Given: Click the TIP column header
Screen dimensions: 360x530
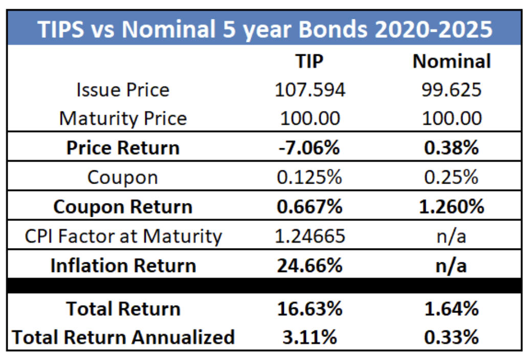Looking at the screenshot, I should pyautogui.click(x=310, y=61).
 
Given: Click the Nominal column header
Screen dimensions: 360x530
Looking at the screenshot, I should pyautogui.click(x=452, y=61).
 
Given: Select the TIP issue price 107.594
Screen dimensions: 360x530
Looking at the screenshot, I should pyautogui.click(x=310, y=90).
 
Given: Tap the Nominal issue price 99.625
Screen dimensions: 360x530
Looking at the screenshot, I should pyautogui.click(x=452, y=90).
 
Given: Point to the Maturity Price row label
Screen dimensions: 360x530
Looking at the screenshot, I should pyautogui.click(x=123, y=119).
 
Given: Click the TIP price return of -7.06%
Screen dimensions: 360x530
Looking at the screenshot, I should pyautogui.click(x=310, y=148).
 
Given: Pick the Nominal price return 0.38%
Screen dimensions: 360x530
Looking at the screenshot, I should pyautogui.click(x=452, y=148).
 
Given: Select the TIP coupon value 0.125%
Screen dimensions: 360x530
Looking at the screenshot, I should pyautogui.click(x=310, y=177).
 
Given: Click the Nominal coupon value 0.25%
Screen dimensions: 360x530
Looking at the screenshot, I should pyautogui.click(x=452, y=177).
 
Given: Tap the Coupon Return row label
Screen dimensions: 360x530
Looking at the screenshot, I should pyautogui.click(x=123, y=207).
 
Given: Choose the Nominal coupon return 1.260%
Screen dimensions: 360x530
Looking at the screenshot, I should pyautogui.click(x=452, y=207).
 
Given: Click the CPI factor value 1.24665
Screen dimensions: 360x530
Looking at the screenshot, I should pyautogui.click(x=310, y=236).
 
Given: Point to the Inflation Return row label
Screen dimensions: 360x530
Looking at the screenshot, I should pyautogui.click(x=123, y=265).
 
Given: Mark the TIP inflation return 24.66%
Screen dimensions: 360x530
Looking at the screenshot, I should pyautogui.click(x=310, y=265).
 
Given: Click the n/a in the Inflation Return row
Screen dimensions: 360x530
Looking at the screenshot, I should pyautogui.click(x=452, y=265).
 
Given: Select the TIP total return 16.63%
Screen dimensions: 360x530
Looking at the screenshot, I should pyautogui.click(x=310, y=309).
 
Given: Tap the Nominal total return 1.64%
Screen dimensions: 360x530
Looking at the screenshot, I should pyautogui.click(x=452, y=309).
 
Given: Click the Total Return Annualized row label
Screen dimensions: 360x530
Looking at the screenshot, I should pyautogui.click(x=123, y=337).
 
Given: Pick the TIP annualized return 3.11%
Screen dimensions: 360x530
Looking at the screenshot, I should pyautogui.click(x=310, y=337).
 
